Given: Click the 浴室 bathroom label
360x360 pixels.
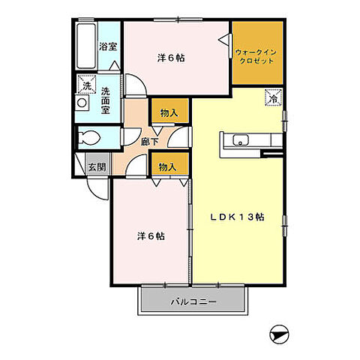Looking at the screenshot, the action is pos(108,46).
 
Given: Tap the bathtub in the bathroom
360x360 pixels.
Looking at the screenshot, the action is pos(86,46).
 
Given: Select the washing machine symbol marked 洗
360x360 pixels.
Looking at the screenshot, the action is pos(86,84).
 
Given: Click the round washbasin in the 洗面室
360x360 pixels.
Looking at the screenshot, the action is pos(82,103).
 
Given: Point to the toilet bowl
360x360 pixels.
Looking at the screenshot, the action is pos(89,138).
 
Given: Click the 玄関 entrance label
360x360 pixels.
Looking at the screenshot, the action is pos(97,167).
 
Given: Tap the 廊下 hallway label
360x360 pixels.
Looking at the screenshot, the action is pos(149,142).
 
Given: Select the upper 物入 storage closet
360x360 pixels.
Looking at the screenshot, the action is pos(170,111).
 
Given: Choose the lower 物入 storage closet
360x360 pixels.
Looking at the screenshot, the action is pos(170,164).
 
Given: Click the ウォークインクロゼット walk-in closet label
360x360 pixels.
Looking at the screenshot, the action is pos(256,57).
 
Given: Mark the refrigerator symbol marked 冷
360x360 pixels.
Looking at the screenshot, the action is pos(274,97).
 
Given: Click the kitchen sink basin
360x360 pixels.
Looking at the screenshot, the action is pos(241,140).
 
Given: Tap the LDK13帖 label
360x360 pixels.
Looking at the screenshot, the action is pos(237,217).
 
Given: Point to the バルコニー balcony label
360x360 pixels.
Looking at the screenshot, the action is pos(193,301).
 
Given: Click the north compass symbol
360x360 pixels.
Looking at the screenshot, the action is pos(279,334).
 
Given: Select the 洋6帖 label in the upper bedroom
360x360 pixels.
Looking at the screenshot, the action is pos(171,58).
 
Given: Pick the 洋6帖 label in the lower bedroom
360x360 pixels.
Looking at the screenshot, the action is pos(151,236).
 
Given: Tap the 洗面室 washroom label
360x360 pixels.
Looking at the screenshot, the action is pos(106,100).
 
